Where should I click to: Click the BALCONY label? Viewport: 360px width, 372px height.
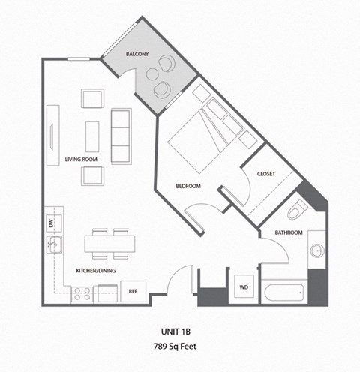tap(137, 54)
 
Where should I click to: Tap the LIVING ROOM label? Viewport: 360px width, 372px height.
tap(82, 160)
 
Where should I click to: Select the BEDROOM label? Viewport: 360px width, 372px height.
tap(188, 186)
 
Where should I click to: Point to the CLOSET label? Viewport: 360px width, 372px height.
tap(266, 174)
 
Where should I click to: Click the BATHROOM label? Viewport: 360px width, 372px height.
tap(288, 232)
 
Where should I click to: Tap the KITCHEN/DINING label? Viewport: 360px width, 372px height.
tap(95, 270)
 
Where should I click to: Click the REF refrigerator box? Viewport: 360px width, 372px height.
tap(132, 291)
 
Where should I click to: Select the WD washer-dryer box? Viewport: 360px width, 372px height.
tap(243, 288)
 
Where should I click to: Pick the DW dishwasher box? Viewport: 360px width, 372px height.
tap(51, 223)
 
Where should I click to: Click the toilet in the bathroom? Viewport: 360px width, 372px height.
tap(298, 208)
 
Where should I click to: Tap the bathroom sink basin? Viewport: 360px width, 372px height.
tap(316, 251)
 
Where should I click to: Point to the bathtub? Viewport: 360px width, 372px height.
tap(283, 292)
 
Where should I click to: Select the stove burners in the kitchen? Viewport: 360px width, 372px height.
tap(82, 293)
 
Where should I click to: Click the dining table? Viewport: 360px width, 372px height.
tap(109, 243)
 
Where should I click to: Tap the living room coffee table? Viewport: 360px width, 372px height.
tap(92, 136)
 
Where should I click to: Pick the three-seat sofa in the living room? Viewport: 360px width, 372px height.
tap(121, 136)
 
